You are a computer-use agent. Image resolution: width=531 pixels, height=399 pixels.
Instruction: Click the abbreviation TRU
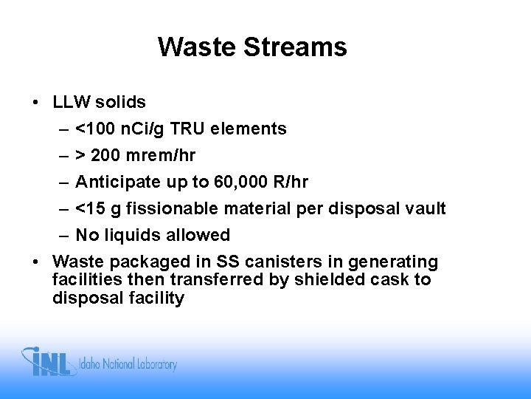[x=189, y=129]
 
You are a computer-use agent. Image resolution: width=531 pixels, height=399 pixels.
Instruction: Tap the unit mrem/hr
[x=162, y=156]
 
